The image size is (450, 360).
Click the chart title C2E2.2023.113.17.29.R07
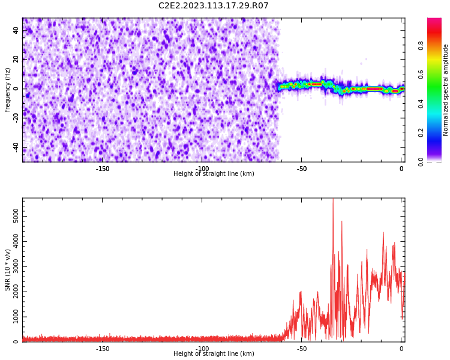pyautogui.click(x=213, y=6)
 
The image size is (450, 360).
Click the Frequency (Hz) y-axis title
pyautogui.click(x=8, y=89)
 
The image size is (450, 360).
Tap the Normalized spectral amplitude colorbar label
pyautogui.click(x=446, y=89)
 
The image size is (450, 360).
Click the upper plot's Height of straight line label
pyautogui.click(x=214, y=174)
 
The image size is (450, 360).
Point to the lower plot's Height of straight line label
pyautogui.click(x=214, y=354)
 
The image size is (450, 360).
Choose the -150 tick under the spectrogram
pyautogui.click(x=103, y=169)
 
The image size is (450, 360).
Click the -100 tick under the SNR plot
pyautogui.click(x=202, y=349)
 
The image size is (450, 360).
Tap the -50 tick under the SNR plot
pyautogui.click(x=302, y=349)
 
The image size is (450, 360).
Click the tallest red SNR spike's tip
pyautogui.click(x=333, y=199)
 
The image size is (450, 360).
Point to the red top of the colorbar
pyautogui.click(x=434, y=20)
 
